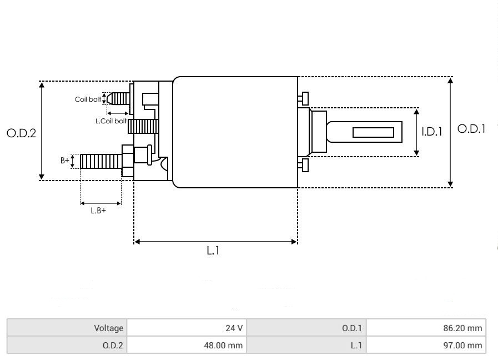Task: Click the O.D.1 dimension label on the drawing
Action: point(471,129)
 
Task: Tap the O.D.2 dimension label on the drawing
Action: point(21,133)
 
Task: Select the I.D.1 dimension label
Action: point(431,132)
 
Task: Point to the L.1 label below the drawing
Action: point(214,251)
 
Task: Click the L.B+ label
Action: point(98,211)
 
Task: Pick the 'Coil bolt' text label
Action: point(88,100)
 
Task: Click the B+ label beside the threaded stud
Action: point(65,161)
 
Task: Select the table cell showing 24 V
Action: point(187,328)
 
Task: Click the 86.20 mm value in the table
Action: point(426,328)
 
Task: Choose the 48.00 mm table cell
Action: point(187,346)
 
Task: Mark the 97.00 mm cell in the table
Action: point(426,346)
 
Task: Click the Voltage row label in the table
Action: point(67,328)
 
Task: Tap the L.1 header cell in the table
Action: point(307,346)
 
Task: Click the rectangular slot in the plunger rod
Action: point(373,132)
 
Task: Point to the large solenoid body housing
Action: point(235,132)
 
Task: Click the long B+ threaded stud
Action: point(100,162)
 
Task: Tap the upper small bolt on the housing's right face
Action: point(303,98)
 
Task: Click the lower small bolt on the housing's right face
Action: point(303,165)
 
